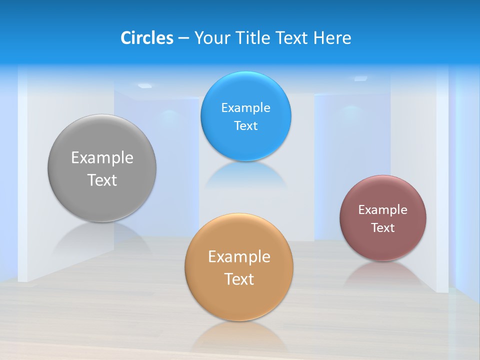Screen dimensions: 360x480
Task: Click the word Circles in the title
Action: [x=146, y=38]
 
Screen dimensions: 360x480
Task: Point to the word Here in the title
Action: [x=332, y=38]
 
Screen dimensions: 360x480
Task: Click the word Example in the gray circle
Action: [x=102, y=158]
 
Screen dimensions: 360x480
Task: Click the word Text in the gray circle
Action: [x=102, y=180]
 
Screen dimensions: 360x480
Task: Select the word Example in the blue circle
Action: [x=245, y=108]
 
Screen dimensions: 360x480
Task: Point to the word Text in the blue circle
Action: [x=245, y=126]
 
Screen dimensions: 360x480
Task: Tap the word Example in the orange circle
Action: [x=239, y=257]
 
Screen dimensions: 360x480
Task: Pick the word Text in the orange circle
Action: [x=239, y=279]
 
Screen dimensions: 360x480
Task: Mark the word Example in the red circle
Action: [x=383, y=210]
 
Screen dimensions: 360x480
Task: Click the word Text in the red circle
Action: [x=383, y=228]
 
